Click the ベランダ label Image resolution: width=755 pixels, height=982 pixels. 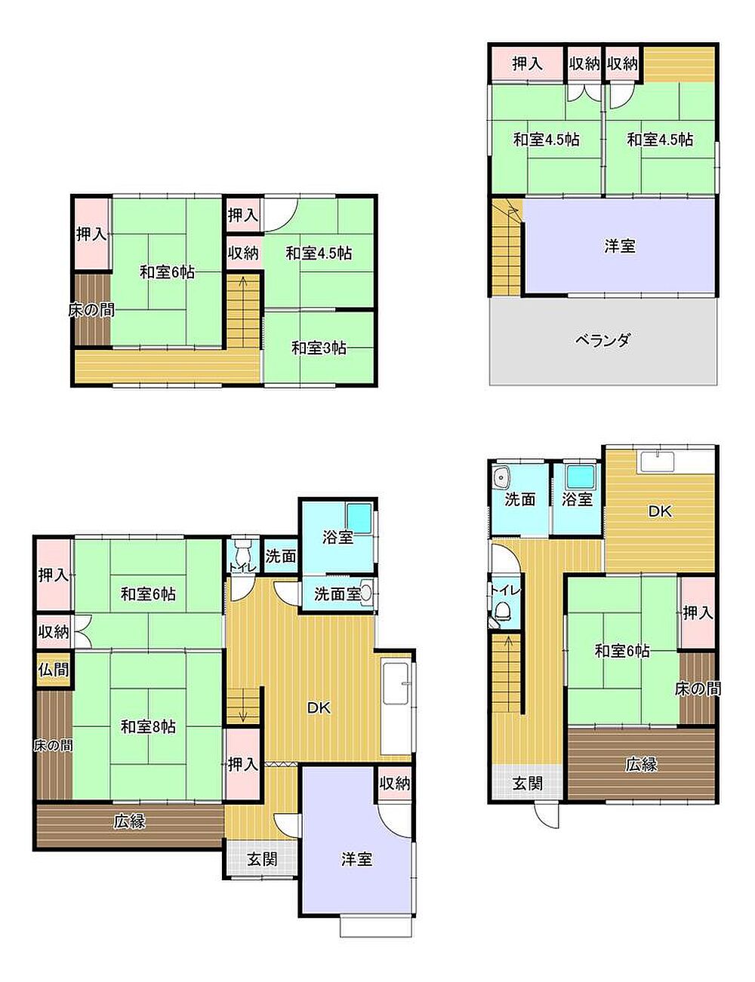point(602,340)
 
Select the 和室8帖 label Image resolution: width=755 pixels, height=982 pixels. point(148,726)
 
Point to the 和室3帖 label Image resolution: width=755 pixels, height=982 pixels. point(319,348)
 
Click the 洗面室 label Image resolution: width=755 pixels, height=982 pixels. point(337,594)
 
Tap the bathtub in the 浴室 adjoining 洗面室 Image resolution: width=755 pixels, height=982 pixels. point(359,518)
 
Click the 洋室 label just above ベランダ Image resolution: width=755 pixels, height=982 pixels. point(620,246)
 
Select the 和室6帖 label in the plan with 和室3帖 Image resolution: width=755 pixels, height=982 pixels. point(167,272)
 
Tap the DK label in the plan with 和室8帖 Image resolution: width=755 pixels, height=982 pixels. point(319,708)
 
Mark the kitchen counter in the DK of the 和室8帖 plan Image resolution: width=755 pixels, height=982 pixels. point(396,709)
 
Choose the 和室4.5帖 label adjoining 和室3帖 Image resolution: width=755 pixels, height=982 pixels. point(319,253)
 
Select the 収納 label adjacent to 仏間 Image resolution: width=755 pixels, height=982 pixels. point(54,632)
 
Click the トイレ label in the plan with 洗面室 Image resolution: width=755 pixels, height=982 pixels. point(243,568)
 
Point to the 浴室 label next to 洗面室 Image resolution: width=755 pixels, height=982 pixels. point(337,538)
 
